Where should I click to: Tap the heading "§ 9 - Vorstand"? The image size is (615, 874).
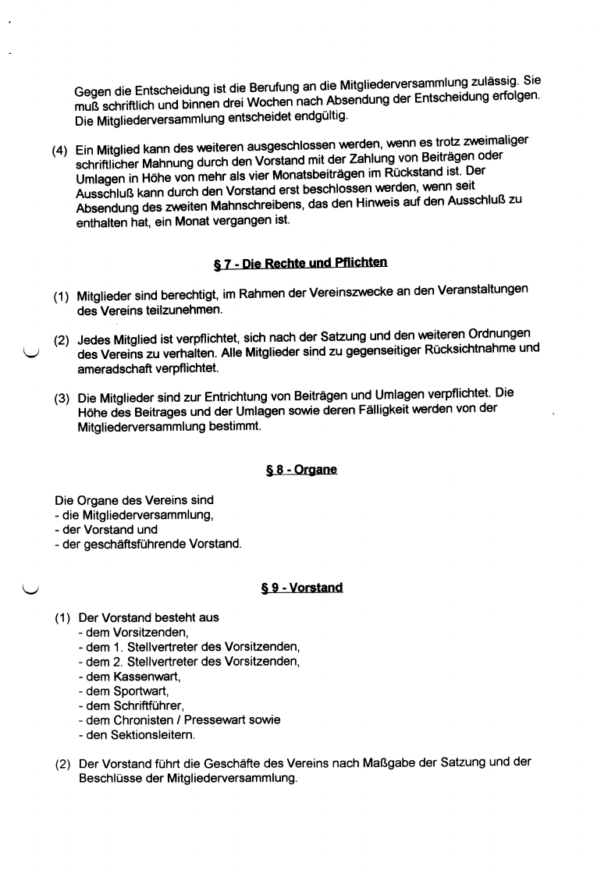pyautogui.click(x=302, y=588)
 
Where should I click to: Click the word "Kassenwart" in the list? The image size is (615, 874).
pyautogui.click(x=146, y=676)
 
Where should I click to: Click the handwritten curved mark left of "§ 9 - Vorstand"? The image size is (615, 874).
pyautogui.click(x=32, y=586)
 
